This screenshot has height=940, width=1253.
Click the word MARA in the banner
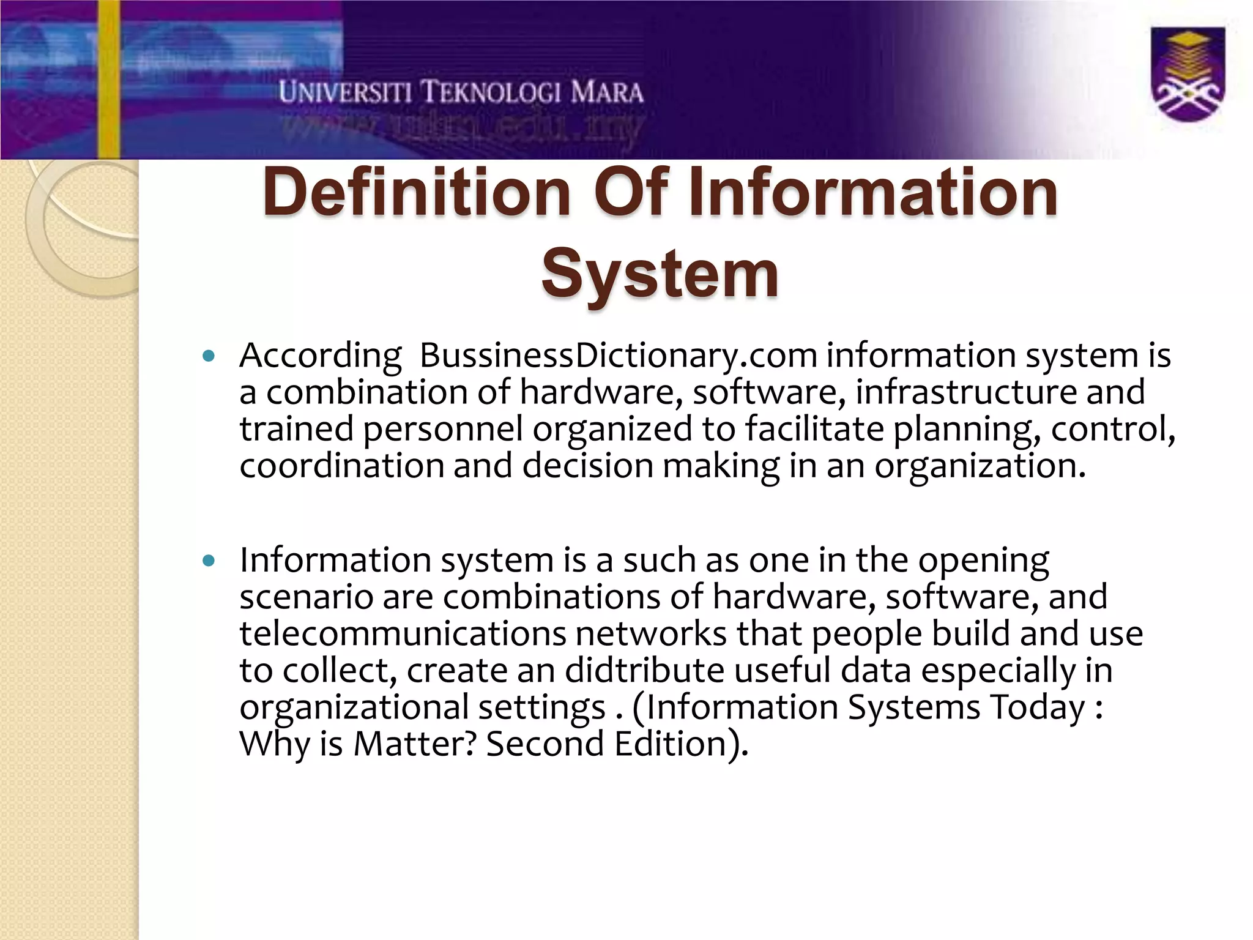click(607, 93)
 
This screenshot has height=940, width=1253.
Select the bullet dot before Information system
click(209, 560)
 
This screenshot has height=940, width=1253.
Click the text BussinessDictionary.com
click(618, 356)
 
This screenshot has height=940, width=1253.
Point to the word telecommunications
click(403, 633)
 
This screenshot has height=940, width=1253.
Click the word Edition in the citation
click(671, 744)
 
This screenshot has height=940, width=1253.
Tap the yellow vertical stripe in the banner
click(109, 80)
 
